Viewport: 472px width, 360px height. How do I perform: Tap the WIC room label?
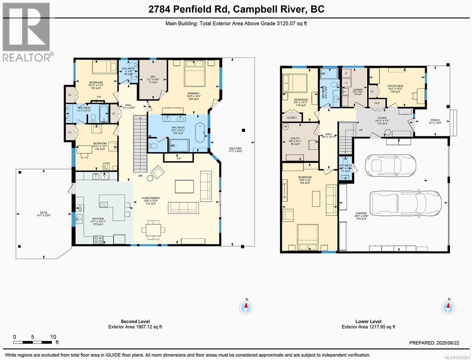point(153,76)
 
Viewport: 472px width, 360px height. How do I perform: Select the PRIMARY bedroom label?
point(193,93)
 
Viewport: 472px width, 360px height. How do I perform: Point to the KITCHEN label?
point(98,219)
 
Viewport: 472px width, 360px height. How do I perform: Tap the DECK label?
point(44,212)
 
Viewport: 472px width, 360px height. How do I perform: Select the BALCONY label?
point(235,148)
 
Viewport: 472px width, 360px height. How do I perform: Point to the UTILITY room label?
point(295,138)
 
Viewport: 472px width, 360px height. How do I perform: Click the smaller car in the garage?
point(390,164)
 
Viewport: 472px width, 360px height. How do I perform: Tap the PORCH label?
point(435,120)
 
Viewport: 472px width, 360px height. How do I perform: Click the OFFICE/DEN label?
point(395,86)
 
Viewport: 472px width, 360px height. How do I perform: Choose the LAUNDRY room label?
point(358,89)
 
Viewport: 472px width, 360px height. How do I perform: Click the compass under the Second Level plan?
point(246,307)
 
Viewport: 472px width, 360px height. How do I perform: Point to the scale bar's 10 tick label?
point(53,337)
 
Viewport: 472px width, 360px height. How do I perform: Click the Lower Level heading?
point(368,321)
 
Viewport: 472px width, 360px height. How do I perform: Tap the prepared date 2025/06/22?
point(448,343)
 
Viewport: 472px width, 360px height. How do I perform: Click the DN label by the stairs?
point(140,176)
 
